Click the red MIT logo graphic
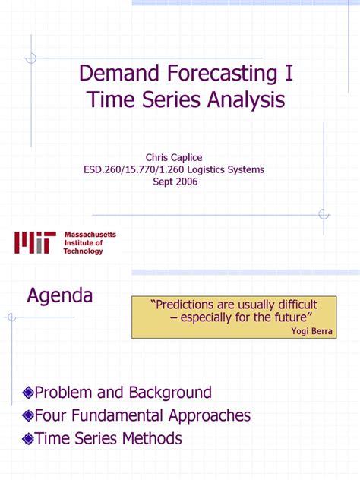pyautogui.click(x=34, y=243)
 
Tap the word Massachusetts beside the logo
pyautogui.click(x=90, y=235)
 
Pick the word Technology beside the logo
pyautogui.click(x=83, y=251)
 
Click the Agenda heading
pyautogui.click(x=60, y=295)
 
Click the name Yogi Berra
pyautogui.click(x=312, y=330)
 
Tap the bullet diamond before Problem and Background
pyautogui.click(x=29, y=393)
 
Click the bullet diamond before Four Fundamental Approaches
pyautogui.click(x=29, y=415)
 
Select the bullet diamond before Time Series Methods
pyautogui.click(x=29, y=438)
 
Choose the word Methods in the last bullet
pyautogui.click(x=153, y=438)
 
